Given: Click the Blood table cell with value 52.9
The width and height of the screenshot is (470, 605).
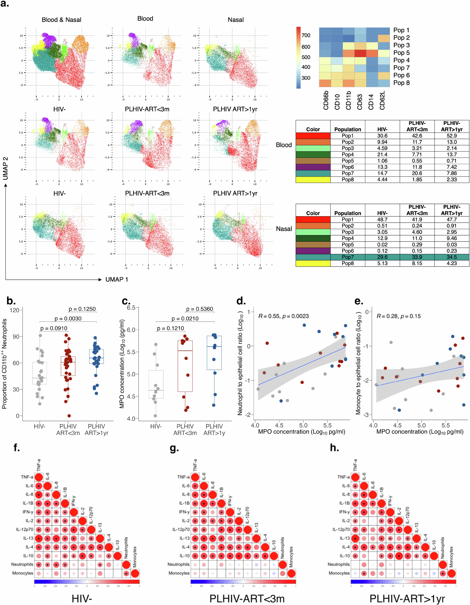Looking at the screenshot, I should point(451,136).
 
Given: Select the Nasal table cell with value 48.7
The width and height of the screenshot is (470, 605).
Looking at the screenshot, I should point(382,219).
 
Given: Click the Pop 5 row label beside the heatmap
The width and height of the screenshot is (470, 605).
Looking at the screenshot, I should point(401,53).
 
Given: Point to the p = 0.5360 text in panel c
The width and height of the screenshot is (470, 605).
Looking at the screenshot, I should point(199,309).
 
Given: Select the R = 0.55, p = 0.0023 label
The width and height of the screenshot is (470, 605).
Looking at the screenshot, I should point(283,316).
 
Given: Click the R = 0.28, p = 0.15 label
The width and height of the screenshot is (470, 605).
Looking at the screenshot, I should point(398,316).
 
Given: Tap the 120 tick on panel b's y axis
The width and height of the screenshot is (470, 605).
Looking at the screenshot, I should point(15,310).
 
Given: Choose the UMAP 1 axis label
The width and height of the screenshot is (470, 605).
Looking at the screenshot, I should point(117,280).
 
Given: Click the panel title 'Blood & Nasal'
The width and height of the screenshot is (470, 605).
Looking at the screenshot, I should point(61,20).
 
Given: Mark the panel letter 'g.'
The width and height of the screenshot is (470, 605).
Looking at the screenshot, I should point(174,448).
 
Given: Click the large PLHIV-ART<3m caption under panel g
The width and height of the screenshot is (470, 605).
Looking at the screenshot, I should point(247,598).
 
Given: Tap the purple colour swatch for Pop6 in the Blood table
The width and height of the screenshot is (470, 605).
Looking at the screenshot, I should point(313,167).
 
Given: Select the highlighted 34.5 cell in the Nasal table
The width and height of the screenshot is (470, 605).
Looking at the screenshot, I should point(451,257).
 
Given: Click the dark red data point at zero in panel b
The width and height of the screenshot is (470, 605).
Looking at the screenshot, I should point(69,416).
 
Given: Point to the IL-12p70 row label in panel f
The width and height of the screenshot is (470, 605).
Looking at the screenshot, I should point(24,529).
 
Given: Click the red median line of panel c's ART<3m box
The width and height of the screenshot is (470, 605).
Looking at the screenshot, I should point(185,351).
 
